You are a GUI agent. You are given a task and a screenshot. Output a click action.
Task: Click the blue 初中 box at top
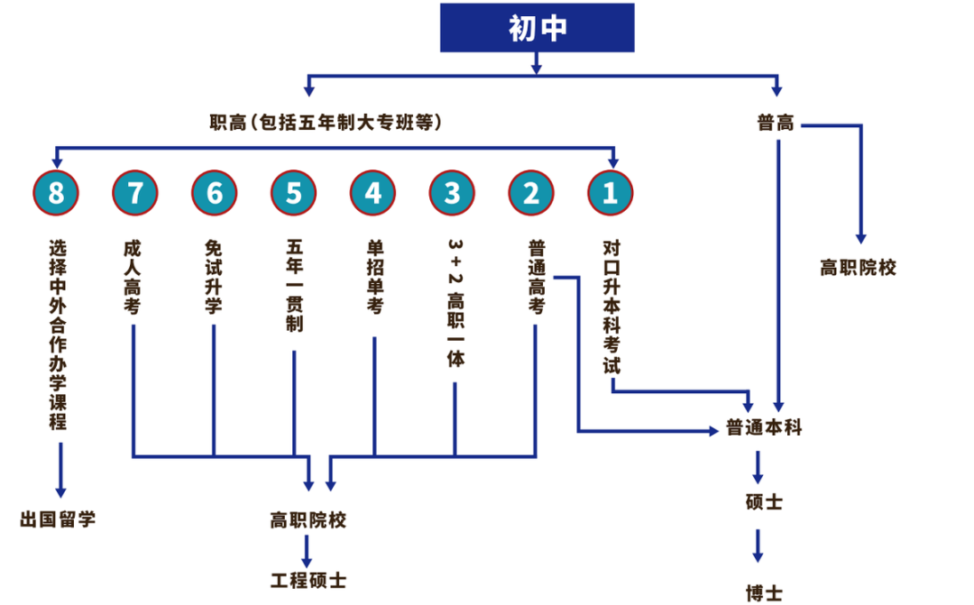(x=538, y=28)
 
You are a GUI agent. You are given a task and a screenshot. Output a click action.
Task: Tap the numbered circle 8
(x=56, y=193)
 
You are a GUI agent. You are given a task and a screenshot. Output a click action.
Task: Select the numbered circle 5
(x=294, y=193)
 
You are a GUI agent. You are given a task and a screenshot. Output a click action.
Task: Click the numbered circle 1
(x=611, y=193)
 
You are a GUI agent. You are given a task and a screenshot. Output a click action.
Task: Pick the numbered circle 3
(x=453, y=193)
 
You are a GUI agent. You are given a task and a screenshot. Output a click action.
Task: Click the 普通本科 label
(x=764, y=428)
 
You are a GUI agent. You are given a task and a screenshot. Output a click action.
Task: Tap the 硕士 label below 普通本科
(x=764, y=501)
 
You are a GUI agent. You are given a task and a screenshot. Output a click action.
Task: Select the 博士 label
(x=764, y=592)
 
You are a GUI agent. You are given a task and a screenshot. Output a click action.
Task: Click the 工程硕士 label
(x=308, y=580)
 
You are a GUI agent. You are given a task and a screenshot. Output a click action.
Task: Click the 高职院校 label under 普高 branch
(x=858, y=268)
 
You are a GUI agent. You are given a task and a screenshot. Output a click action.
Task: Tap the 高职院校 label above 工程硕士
(x=308, y=520)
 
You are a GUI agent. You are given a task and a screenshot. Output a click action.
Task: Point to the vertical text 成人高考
(x=133, y=276)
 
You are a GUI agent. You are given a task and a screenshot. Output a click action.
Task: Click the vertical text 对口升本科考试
(x=611, y=307)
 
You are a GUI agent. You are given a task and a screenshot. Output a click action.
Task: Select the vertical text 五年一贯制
(x=294, y=285)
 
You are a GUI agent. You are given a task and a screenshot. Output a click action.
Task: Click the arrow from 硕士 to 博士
(x=758, y=545)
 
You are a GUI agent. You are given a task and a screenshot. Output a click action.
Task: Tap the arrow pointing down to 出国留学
(x=60, y=469)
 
